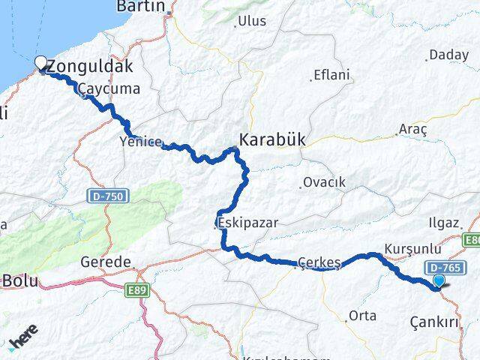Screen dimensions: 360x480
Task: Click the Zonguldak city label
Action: [x=90, y=66]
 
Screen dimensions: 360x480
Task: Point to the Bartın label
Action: [x=141, y=7]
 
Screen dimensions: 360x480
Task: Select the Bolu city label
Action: [x=21, y=281]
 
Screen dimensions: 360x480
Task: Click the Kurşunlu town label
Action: [x=409, y=247]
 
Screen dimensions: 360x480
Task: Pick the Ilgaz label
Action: [x=442, y=222]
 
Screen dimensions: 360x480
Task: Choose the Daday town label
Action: [x=447, y=55]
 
